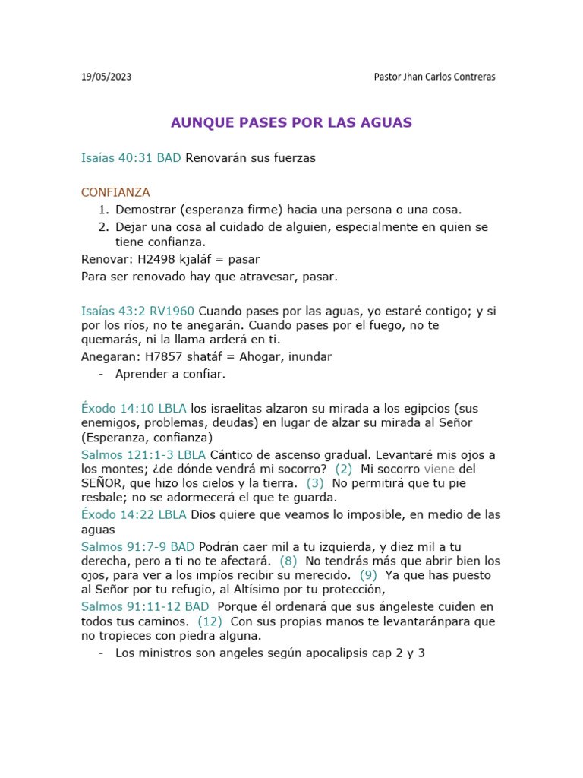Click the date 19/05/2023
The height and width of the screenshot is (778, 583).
tap(106, 77)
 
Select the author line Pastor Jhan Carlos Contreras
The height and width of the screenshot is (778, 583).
tap(435, 77)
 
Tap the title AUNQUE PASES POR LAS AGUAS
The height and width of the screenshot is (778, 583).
tap(291, 122)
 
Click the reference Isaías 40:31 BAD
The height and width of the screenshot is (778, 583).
tap(131, 158)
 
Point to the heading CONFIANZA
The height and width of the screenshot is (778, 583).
tap(115, 192)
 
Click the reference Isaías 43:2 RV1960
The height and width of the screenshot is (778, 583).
tap(137, 311)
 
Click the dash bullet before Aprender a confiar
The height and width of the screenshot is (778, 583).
tap(101, 374)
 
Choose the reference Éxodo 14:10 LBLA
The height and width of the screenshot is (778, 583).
tap(134, 409)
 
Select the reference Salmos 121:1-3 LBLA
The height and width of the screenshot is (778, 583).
tap(143, 454)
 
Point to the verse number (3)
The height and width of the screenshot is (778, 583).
tap(315, 483)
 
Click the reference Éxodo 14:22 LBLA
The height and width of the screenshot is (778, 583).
tap(134, 514)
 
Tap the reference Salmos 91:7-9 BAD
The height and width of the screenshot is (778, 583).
tap(137, 546)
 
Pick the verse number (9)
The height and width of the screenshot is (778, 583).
tap(367, 575)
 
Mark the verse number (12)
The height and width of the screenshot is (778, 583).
tap(210, 621)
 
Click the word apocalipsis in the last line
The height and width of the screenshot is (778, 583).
tap(337, 653)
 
